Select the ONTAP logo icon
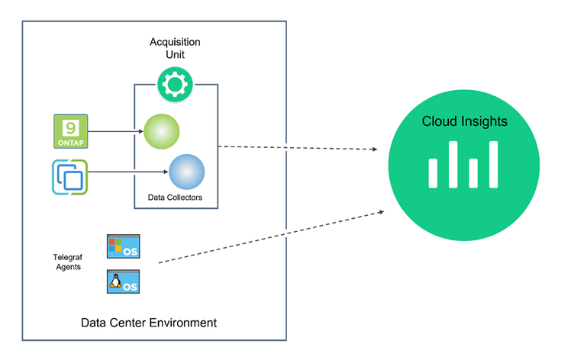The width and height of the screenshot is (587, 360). click(71, 131)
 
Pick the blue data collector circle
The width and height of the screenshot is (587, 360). click(186, 171)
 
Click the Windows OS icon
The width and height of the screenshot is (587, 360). click(123, 247)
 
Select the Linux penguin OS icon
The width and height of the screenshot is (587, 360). click(123, 281)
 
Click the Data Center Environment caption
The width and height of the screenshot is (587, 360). click(149, 323)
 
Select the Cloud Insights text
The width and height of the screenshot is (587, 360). click(464, 122)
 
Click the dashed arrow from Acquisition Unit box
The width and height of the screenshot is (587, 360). click(298, 146)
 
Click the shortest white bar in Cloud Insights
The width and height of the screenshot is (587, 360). click(474, 172)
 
